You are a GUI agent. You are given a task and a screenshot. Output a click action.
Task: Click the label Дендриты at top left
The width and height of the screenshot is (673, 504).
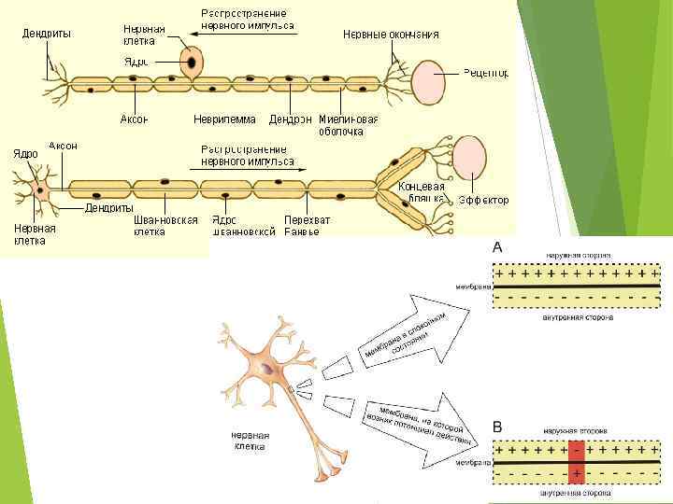[47, 35]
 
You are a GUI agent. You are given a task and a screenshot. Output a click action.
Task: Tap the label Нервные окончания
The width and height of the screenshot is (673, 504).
[391, 35]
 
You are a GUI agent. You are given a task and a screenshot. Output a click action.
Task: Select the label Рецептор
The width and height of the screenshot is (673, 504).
[486, 72]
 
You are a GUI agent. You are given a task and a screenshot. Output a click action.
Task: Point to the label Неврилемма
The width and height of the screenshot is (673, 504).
[224, 119]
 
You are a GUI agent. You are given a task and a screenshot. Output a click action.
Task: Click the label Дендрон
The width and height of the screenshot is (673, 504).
[290, 119]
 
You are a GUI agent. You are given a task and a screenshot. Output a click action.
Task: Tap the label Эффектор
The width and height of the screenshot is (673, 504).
[483, 200]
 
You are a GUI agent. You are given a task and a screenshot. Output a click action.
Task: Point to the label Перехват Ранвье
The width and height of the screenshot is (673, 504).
[308, 225]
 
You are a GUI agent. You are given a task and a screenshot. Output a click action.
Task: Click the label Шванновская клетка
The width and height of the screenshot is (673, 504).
[165, 225]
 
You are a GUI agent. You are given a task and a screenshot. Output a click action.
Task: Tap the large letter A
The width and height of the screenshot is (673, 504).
[497, 247]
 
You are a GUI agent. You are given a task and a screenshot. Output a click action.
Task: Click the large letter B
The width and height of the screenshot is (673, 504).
[497, 427]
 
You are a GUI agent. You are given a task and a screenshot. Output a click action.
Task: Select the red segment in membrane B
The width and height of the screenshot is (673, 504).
[577, 462]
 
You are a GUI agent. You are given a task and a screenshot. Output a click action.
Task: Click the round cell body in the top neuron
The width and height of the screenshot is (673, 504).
[191, 63]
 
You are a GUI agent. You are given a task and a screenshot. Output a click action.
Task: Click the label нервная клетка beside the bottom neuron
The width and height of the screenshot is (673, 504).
[251, 440]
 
